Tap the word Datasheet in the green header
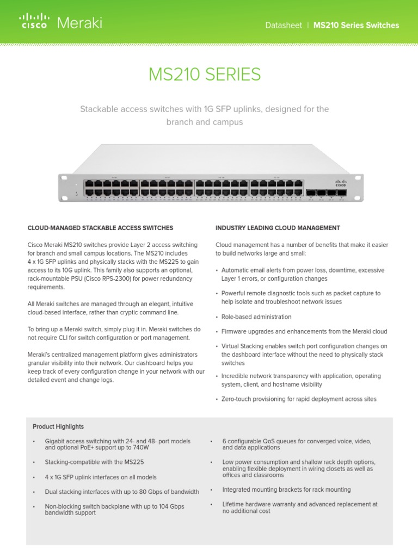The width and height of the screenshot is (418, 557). coord(283,26)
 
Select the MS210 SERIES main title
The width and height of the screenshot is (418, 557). coord(204,75)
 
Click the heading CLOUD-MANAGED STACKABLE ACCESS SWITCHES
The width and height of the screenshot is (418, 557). coord(100,228)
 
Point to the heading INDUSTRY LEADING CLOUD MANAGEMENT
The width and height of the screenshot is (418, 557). coord(278,228)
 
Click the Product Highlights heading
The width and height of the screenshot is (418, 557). coord(58,426)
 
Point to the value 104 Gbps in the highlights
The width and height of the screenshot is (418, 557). coord(173,506)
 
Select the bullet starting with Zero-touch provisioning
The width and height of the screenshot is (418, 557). coord(299,399)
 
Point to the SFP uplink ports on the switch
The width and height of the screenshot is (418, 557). coord(326,192)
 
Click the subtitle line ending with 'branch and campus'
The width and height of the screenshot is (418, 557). coord(204,122)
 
